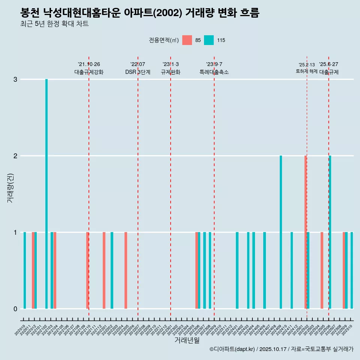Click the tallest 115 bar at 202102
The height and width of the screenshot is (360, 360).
46,194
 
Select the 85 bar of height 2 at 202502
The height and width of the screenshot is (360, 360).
306,232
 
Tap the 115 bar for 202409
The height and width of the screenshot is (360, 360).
281,232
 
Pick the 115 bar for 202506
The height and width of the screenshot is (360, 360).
330,232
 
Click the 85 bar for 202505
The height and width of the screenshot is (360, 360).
322,270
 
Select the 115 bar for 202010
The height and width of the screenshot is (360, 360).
25,270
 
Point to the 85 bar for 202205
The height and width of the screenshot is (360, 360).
126,270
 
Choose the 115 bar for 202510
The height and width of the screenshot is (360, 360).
352,270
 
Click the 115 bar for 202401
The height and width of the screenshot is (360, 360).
237,270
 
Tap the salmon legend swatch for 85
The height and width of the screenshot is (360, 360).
187,40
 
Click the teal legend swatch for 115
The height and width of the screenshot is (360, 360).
209,40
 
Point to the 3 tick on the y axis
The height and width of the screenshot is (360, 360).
15,79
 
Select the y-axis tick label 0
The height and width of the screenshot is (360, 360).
15,309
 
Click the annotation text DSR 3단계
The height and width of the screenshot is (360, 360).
138,72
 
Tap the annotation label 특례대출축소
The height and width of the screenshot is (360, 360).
214,72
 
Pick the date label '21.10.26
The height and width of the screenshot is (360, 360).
89,64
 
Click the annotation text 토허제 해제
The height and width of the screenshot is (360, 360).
307,71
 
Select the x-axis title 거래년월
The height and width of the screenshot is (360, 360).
187,340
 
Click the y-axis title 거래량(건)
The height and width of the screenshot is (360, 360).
10,188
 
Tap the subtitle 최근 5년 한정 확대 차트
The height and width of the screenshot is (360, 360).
54,24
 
